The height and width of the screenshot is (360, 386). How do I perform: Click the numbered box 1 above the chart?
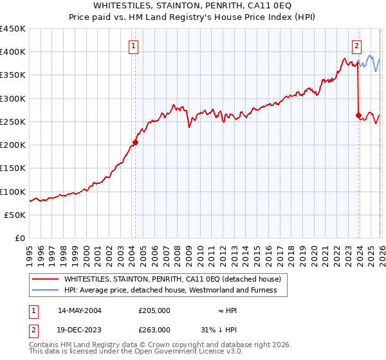coord(133,46)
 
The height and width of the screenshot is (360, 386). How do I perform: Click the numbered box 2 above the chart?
coord(356,46)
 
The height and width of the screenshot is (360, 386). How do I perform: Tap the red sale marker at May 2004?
coord(135,142)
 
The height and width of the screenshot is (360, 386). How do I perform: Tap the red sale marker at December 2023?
coord(358,116)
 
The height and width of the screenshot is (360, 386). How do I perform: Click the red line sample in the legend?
coord(46,280)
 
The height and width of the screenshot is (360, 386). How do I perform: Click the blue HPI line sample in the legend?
coord(46,290)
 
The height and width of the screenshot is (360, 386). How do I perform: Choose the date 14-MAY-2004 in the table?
coord(80,310)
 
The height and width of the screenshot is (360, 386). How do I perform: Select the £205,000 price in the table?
coord(154,310)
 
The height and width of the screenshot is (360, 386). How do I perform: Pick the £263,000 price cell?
coord(154,330)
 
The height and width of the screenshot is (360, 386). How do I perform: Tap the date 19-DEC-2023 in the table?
coord(80,330)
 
